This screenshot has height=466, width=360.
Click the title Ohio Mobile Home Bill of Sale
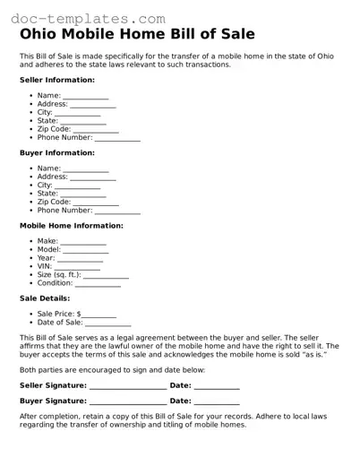click(137, 35)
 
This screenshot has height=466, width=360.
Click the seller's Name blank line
click(86, 97)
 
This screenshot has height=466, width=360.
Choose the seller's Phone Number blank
click(117, 139)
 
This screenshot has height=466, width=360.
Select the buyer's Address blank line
click(93, 178)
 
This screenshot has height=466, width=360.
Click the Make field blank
click(83, 243)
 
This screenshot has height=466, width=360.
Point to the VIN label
click(44, 266)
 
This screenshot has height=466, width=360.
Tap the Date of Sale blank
click(108, 324)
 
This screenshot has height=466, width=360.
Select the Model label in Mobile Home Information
click(48, 250)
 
